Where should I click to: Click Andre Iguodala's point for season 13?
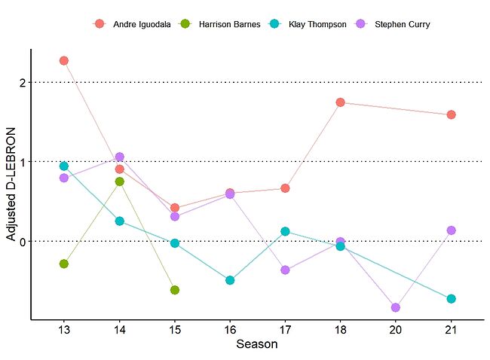(64, 60)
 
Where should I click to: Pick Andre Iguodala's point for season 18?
(340, 102)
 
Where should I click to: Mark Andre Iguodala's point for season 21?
(451, 114)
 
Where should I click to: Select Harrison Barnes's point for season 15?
(174, 290)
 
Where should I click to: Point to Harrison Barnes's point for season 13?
(64, 264)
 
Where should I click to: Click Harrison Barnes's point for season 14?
(119, 182)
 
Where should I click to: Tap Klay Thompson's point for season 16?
(230, 280)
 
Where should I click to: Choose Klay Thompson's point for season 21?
(451, 299)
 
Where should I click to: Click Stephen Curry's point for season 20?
(396, 307)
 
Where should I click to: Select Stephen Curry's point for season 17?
(285, 270)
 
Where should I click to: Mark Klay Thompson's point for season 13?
(64, 166)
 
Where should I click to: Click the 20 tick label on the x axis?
(396, 330)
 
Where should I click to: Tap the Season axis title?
(256, 346)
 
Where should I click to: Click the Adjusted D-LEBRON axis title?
(11, 185)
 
